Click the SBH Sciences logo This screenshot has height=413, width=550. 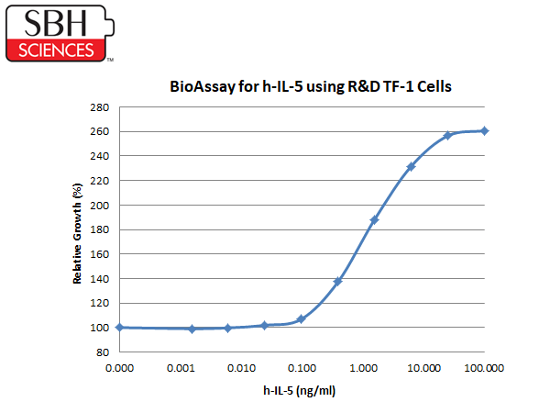(60, 33)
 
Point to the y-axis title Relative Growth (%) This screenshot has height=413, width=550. (77, 233)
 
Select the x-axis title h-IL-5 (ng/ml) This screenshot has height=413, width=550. (299, 391)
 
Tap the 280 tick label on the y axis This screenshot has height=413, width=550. (100, 107)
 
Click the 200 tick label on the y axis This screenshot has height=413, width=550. (100, 206)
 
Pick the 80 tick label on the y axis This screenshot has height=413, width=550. (103, 352)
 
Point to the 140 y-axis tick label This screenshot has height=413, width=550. (100, 279)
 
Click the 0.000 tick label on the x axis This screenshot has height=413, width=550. (119, 368)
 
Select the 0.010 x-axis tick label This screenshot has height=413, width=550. (241, 368)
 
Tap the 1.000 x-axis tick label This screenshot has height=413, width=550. (363, 368)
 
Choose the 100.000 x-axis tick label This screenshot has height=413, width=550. (484, 368)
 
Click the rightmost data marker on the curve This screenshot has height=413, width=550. (484, 131)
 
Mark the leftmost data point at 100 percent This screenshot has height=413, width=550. (119, 328)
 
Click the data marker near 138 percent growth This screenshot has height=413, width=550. (337, 282)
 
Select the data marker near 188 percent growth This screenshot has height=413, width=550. (374, 220)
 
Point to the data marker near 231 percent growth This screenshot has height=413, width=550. (411, 166)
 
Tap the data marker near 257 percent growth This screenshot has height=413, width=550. (447, 135)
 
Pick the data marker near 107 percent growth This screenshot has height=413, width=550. (301, 318)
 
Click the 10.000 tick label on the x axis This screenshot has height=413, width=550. (424, 368)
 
